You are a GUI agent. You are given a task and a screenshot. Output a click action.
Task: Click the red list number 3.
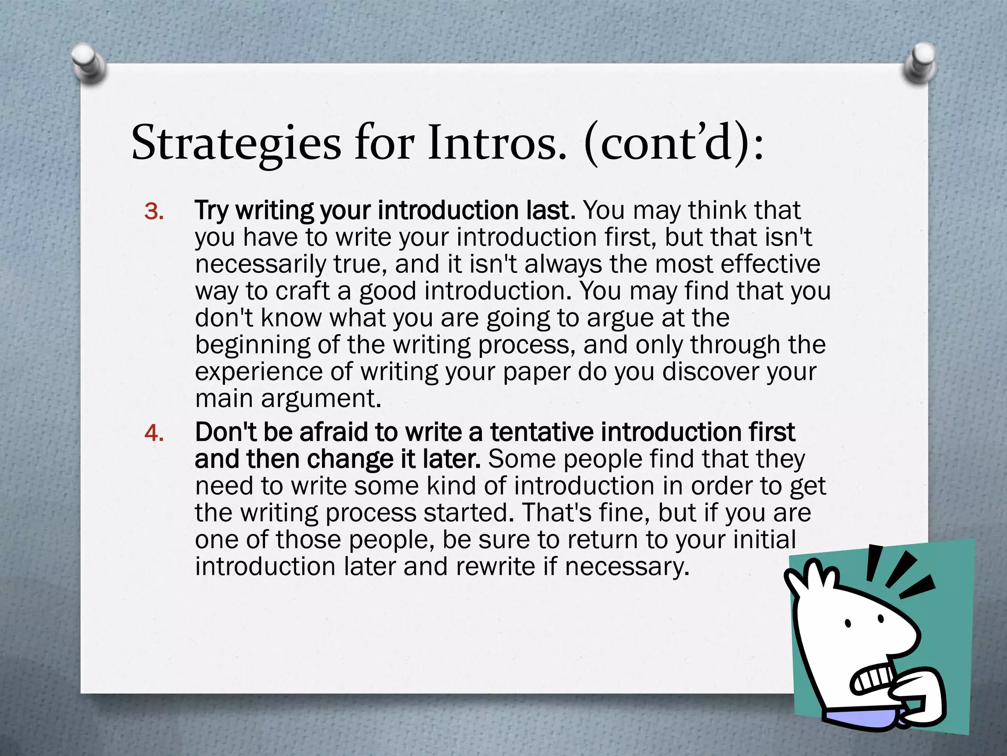point(154,212)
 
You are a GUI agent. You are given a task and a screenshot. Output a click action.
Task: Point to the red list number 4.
point(154,434)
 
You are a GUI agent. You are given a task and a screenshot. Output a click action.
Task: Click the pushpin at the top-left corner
point(89,63)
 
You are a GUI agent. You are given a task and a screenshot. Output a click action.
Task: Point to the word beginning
point(253,345)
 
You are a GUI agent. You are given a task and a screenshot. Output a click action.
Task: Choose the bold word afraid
point(333,433)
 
